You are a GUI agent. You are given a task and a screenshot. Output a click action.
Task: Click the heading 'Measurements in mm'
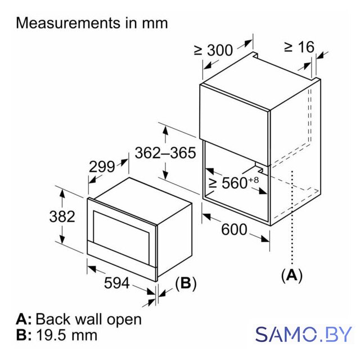tap(92, 23)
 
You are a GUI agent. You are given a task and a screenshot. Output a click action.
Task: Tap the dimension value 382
tap(62, 216)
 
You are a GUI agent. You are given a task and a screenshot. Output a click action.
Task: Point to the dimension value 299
tap(102, 166)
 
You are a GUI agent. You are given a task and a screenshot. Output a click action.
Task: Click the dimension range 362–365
tap(165, 152)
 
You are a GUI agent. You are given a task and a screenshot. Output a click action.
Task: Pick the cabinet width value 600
tap(234, 229)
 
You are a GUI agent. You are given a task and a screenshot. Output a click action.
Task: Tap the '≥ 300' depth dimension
tap(213, 50)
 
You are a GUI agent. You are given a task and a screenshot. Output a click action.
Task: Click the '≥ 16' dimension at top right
tap(299, 47)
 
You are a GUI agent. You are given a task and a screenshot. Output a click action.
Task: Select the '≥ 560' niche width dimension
tap(228, 183)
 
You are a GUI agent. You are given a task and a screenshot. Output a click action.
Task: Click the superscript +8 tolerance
tap(254, 180)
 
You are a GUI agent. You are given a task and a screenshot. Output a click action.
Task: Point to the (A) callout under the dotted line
tap(292, 275)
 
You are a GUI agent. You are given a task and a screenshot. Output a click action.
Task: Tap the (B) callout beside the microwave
tap(186, 283)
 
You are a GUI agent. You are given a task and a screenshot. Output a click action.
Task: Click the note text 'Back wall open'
tap(89, 319)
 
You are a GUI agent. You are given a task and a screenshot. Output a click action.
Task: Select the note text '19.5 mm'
tap(67, 335)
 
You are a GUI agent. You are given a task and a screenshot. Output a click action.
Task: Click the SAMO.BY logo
tap(304, 334)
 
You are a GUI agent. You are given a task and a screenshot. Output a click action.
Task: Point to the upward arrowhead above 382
tap(62, 196)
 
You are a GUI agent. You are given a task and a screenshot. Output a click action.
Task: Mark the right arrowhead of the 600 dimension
tap(264, 238)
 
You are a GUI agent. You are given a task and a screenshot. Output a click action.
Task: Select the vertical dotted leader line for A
tap(292, 218)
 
